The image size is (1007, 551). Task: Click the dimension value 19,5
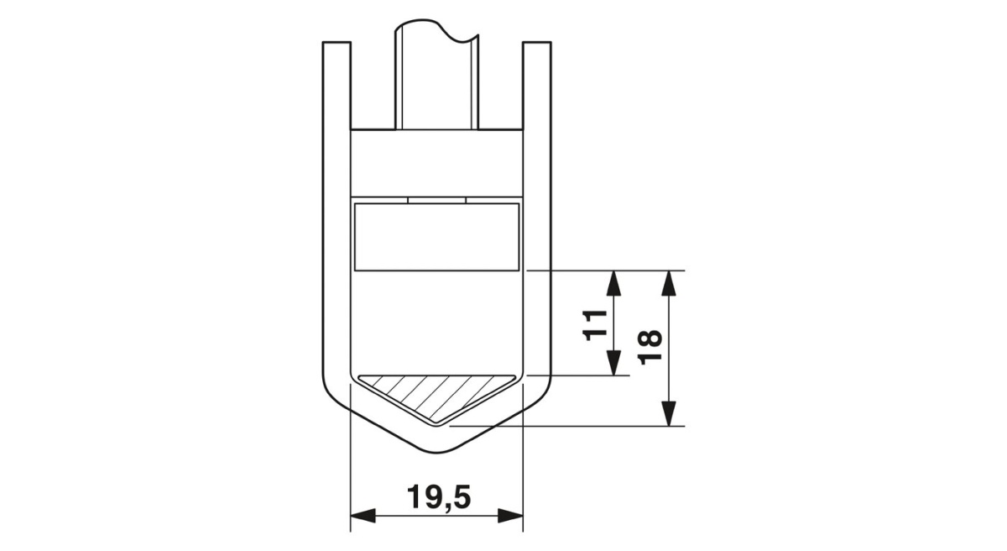pos(439,497)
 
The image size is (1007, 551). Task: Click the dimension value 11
pos(595,326)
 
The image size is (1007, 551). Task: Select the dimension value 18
pos(650,347)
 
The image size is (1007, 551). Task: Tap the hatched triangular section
pos(436,395)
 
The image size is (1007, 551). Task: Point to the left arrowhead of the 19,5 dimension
pos(363,516)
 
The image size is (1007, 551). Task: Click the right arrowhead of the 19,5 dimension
pos(511,516)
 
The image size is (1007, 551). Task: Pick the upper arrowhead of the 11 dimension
pos(613,283)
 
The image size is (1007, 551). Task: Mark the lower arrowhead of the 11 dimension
pos(613,363)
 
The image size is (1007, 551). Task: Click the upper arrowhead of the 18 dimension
pos(670,283)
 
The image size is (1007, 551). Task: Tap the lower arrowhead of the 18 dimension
pos(670,413)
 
